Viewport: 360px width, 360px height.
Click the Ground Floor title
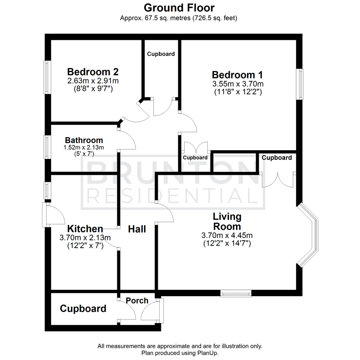coord(179,7)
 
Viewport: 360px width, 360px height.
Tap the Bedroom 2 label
coord(93,72)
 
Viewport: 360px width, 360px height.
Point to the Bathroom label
coord(84,140)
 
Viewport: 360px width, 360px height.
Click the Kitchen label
coord(85,229)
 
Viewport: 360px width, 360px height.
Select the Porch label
coord(137,300)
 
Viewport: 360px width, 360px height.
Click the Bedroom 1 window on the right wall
coord(301,84)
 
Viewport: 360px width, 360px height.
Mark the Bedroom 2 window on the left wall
coord(48,77)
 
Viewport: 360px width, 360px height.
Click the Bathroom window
coord(48,147)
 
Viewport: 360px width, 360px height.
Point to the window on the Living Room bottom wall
coord(236,293)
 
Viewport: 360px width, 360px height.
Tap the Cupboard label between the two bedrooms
coord(161,54)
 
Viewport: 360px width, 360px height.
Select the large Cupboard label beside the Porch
coord(83,309)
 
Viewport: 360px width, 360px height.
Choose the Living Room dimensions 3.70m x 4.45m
coord(227,236)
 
